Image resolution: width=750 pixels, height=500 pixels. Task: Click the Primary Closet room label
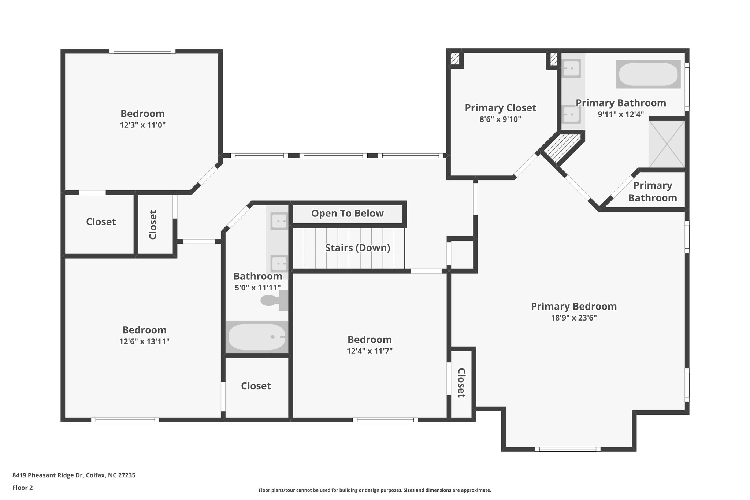click(500, 108)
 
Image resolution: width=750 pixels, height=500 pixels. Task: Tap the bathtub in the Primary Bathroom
click(648, 74)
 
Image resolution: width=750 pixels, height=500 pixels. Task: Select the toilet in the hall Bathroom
click(274, 300)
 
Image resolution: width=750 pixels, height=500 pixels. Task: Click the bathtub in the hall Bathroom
click(257, 337)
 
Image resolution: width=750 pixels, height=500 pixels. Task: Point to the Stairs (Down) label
click(357, 248)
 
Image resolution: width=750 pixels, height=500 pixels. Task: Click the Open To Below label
click(348, 214)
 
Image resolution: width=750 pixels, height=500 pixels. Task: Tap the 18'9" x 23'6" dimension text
click(574, 318)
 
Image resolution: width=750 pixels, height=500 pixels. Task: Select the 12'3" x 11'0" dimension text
click(143, 125)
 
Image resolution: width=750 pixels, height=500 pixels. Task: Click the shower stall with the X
click(667, 144)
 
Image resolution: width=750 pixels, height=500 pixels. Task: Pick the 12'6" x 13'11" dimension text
click(144, 342)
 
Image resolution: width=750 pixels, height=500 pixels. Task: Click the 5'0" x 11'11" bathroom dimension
click(258, 288)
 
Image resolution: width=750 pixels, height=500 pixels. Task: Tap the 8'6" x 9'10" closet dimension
click(500, 119)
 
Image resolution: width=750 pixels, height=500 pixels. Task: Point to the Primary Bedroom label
click(574, 307)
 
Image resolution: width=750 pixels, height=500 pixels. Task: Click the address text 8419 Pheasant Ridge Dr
click(48, 475)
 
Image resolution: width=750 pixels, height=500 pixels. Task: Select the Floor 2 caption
click(23, 488)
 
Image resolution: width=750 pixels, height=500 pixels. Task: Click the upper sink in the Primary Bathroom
click(571, 68)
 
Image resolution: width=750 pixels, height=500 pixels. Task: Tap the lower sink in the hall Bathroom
click(279, 263)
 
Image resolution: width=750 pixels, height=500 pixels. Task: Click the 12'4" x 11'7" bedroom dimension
click(370, 351)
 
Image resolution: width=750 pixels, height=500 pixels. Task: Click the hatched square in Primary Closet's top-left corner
click(455, 59)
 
